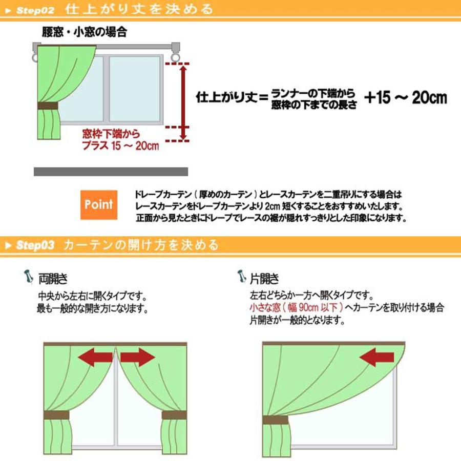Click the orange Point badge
coord(99,205)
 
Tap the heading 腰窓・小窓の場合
coord(84,32)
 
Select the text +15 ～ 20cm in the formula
coord(405,98)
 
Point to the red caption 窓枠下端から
coord(111,135)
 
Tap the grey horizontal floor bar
coord(111,172)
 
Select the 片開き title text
coord(264,279)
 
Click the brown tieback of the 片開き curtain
coord(275,420)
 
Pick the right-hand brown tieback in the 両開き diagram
coord(174,415)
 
